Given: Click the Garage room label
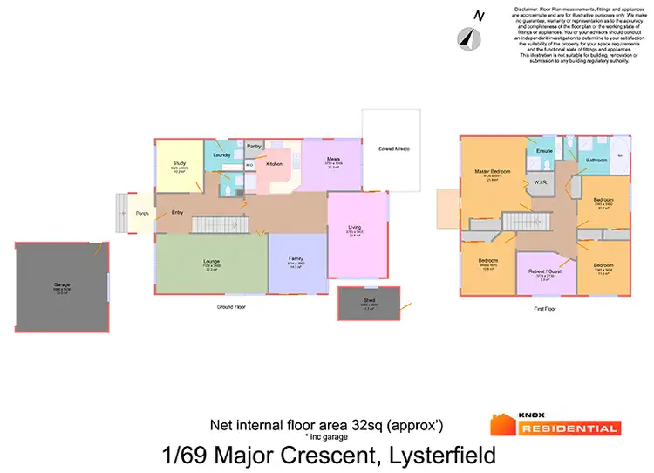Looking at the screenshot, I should (x=61, y=285).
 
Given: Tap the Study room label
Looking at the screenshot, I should (x=181, y=163).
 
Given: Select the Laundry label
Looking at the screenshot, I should (x=221, y=155).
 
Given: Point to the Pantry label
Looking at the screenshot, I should (x=255, y=147).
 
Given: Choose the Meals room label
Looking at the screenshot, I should (x=332, y=159).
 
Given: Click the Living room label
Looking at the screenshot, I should (x=355, y=228).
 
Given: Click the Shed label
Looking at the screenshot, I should (x=370, y=300).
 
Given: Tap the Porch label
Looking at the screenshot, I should (x=141, y=213).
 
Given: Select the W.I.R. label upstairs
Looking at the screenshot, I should (x=538, y=182).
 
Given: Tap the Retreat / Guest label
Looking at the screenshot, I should (x=544, y=271).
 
